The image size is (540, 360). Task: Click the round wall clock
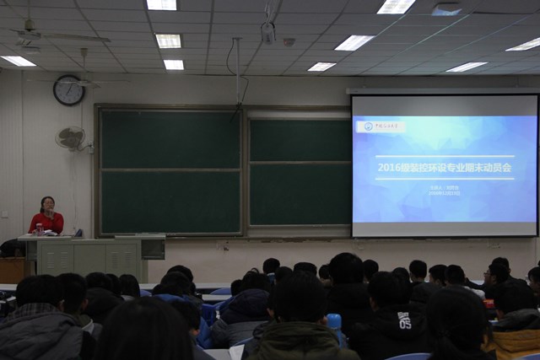coord(68,90)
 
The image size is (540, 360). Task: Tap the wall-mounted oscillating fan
coord(73,138)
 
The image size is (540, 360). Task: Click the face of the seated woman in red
coord(47,205)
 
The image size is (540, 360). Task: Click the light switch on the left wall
coord(4,214)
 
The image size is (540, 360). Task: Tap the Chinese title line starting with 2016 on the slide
coord(444,167)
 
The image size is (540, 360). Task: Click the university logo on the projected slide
coord(380,126)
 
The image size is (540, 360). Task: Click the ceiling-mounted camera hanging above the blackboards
coord(268,32)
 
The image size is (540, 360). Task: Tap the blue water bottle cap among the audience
coord(334,321)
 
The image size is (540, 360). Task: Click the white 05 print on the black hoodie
coord(404,320)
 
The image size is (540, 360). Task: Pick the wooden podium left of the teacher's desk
coord(12,269)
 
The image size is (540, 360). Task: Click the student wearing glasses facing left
coord(498,275)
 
